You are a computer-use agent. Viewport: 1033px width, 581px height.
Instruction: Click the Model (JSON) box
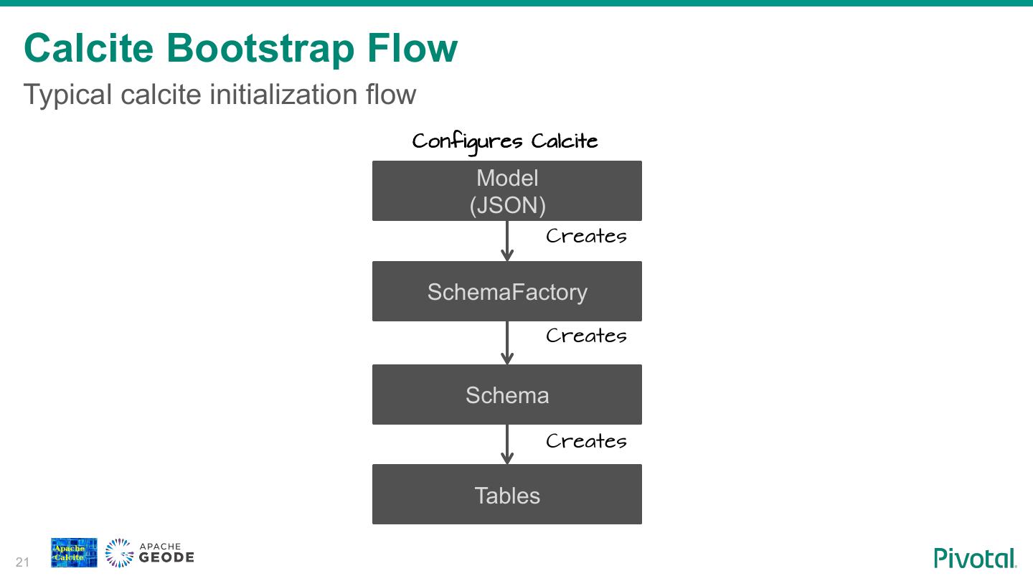point(506,191)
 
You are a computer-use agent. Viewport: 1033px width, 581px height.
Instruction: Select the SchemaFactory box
point(506,291)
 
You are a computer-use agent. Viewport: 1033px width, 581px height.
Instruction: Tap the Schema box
point(506,395)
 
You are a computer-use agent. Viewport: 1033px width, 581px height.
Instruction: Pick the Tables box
point(506,495)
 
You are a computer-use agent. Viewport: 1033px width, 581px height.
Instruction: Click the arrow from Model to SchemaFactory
point(507,241)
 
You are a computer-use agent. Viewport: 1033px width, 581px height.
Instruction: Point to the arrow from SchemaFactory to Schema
point(507,343)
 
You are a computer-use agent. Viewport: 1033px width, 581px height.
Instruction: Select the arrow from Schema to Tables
point(507,445)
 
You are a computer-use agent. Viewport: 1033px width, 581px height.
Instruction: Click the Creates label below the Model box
point(586,236)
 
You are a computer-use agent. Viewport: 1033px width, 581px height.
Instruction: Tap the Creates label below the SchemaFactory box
point(586,336)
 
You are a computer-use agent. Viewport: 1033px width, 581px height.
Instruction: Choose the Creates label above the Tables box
point(586,441)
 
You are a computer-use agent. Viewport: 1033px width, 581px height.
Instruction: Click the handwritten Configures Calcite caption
point(505,141)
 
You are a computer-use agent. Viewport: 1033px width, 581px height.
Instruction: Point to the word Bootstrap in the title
point(260,48)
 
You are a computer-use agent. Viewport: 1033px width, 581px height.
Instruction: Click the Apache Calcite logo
point(74,552)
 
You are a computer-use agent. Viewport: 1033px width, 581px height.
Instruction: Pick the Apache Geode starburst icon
point(119,553)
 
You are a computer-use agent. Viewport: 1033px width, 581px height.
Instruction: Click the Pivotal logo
point(975,557)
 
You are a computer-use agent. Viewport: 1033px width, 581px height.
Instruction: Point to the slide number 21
point(22,562)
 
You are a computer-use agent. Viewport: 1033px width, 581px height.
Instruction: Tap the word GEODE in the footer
point(166,557)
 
